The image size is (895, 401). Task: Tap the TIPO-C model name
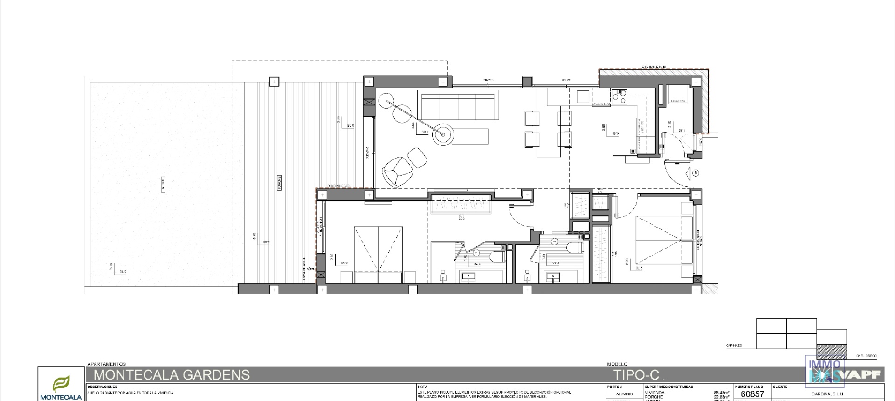636,375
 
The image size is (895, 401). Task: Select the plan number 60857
752,394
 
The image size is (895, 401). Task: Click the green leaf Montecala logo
61,384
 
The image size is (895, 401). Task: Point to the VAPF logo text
863,374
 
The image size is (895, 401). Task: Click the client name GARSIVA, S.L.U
827,394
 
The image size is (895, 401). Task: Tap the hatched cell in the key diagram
832,351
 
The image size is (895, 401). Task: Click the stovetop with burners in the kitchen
620,96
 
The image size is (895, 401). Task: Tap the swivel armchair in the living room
397,172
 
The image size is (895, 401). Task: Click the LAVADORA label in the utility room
678,101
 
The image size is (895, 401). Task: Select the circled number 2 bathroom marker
554,242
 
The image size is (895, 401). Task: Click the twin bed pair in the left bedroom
378,255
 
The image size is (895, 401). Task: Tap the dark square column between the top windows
527,82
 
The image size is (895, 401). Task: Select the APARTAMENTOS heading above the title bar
107,364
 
